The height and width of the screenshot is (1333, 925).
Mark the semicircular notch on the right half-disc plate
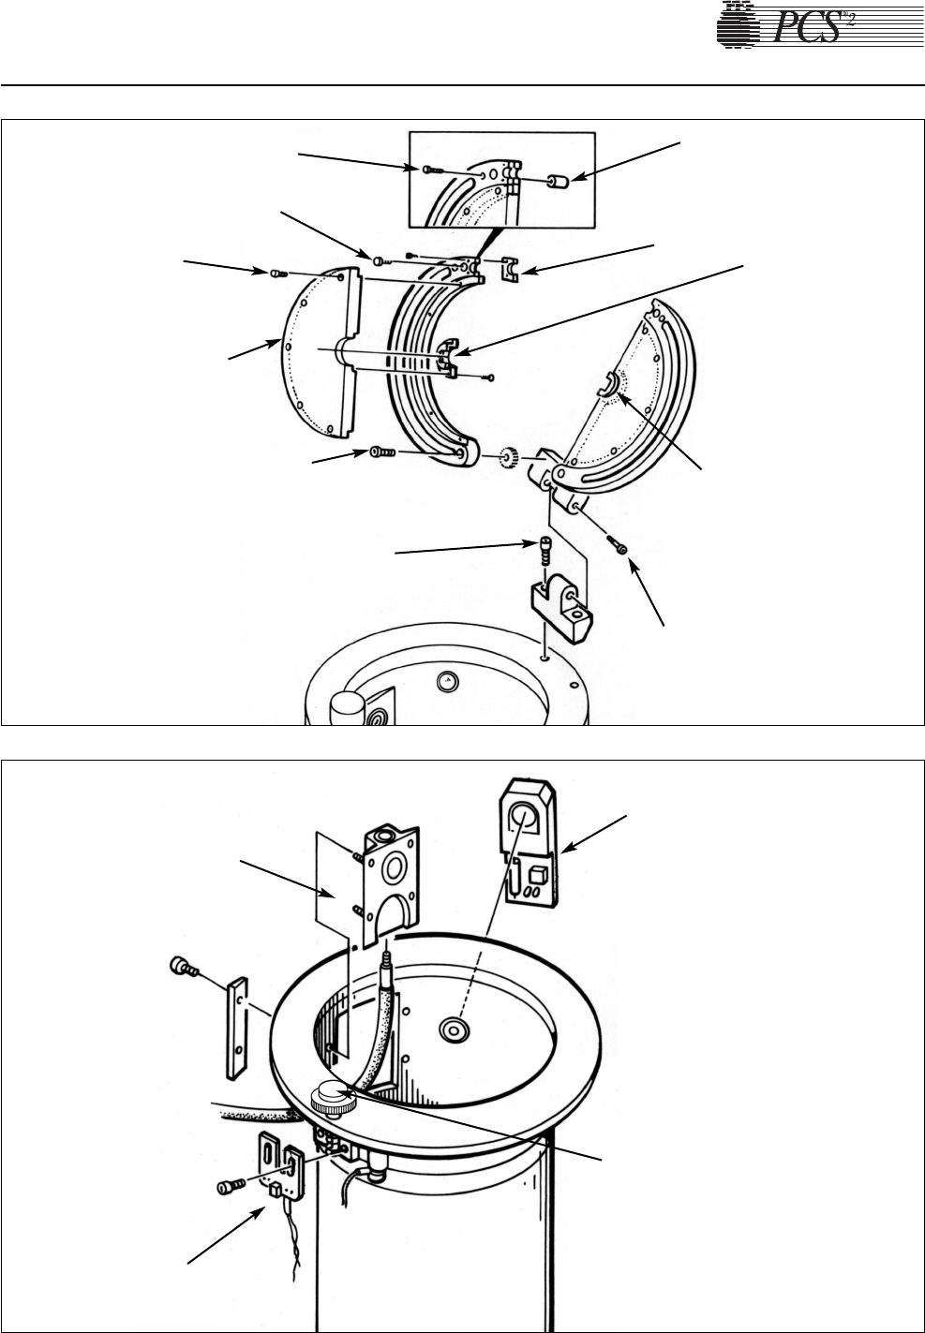tap(608, 384)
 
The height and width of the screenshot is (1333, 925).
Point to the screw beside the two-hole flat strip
tap(181, 967)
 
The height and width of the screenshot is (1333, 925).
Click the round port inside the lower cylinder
tap(455, 1029)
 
